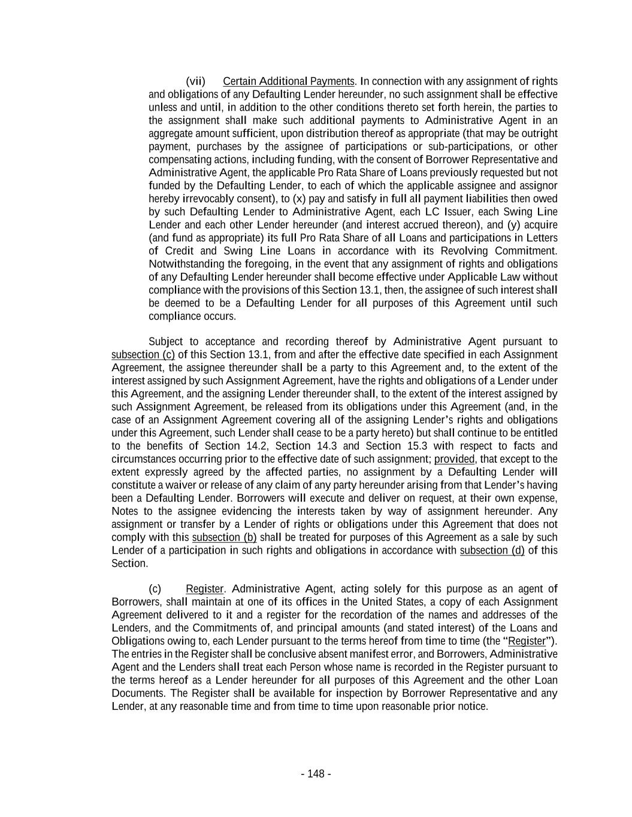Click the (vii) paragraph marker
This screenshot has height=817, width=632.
click(195, 81)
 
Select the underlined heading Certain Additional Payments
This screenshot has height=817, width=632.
click(288, 81)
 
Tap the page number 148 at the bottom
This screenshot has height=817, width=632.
click(316, 774)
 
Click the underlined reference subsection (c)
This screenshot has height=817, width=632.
click(143, 355)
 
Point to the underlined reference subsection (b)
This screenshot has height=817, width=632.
click(224, 537)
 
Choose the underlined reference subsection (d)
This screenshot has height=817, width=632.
click(492, 551)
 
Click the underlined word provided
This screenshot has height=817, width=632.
click(454, 459)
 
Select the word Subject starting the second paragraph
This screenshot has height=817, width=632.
click(165, 342)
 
